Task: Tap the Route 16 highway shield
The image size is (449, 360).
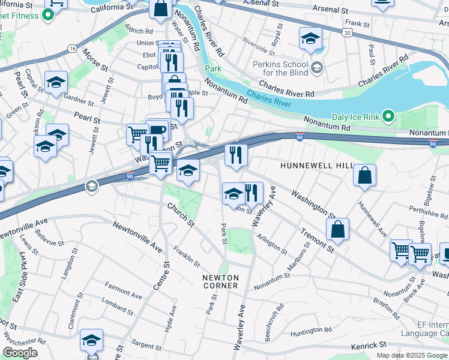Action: [x=72, y=48]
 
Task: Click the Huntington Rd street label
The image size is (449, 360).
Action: [x=311, y=330]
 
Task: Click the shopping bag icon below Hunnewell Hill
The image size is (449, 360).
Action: [x=364, y=175]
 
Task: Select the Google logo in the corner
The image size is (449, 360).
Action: [x=20, y=353]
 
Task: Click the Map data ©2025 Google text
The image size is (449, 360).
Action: [x=411, y=355]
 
